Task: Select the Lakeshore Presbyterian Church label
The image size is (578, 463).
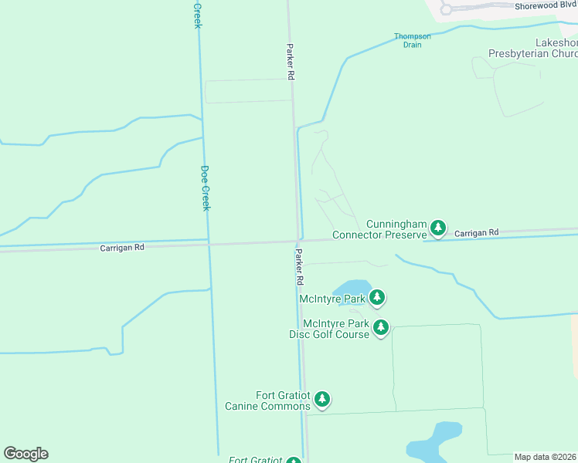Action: tap(533, 49)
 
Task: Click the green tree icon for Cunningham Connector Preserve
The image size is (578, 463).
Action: tap(438, 228)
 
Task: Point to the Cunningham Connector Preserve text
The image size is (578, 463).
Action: tap(379, 228)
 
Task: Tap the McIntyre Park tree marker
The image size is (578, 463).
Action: tap(377, 297)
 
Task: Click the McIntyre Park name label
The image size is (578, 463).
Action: tap(333, 298)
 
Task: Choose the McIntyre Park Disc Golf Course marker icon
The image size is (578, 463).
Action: tap(381, 328)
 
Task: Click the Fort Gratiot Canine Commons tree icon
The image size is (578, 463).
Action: tap(322, 400)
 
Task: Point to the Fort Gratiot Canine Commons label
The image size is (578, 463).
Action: tap(267, 400)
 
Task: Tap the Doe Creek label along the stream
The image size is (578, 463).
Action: tap(206, 188)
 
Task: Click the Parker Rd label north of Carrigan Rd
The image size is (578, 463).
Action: tap(291, 62)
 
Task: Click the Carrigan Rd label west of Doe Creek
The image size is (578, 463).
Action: tap(122, 248)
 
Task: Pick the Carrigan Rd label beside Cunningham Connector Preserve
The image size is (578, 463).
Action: tap(476, 232)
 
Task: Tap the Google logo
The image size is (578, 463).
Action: tap(25, 454)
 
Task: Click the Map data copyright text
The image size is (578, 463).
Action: tap(546, 457)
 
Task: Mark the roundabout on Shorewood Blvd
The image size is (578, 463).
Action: tap(446, 9)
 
